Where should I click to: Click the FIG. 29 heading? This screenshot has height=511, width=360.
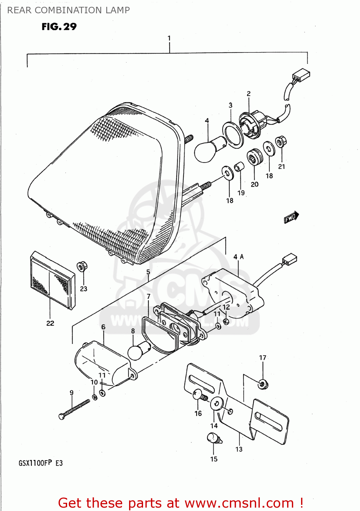click(x=59, y=27)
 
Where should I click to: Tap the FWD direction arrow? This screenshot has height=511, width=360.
click(x=292, y=217)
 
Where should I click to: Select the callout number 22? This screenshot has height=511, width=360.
click(x=50, y=323)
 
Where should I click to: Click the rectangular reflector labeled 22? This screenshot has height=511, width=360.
click(x=53, y=281)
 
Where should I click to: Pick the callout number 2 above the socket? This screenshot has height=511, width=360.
click(x=249, y=94)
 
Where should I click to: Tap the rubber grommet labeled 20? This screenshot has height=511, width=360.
click(x=254, y=157)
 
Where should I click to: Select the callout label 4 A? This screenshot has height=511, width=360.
click(x=238, y=257)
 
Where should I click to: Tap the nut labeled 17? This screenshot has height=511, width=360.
click(x=263, y=384)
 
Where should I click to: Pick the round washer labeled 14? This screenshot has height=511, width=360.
click(x=216, y=404)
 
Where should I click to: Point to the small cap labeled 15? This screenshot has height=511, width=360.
click(x=214, y=438)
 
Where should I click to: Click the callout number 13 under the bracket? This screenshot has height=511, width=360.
click(x=239, y=449)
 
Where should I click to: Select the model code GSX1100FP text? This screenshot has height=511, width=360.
click(x=35, y=463)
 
